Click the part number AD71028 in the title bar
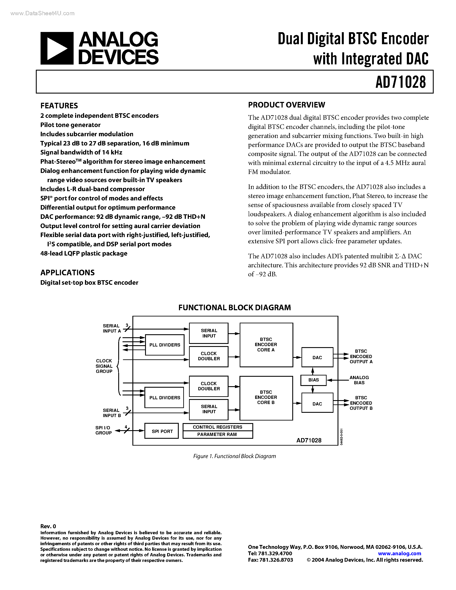400,82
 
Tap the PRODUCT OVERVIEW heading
286,105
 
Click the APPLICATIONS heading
68,272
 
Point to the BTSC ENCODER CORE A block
266,345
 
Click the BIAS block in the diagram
313,380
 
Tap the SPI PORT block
162,431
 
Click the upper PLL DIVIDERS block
165,345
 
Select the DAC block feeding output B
317,404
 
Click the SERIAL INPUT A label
112,328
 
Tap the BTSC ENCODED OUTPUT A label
361,356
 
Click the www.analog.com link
400,553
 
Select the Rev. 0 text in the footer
48,526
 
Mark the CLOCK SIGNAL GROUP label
104,366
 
